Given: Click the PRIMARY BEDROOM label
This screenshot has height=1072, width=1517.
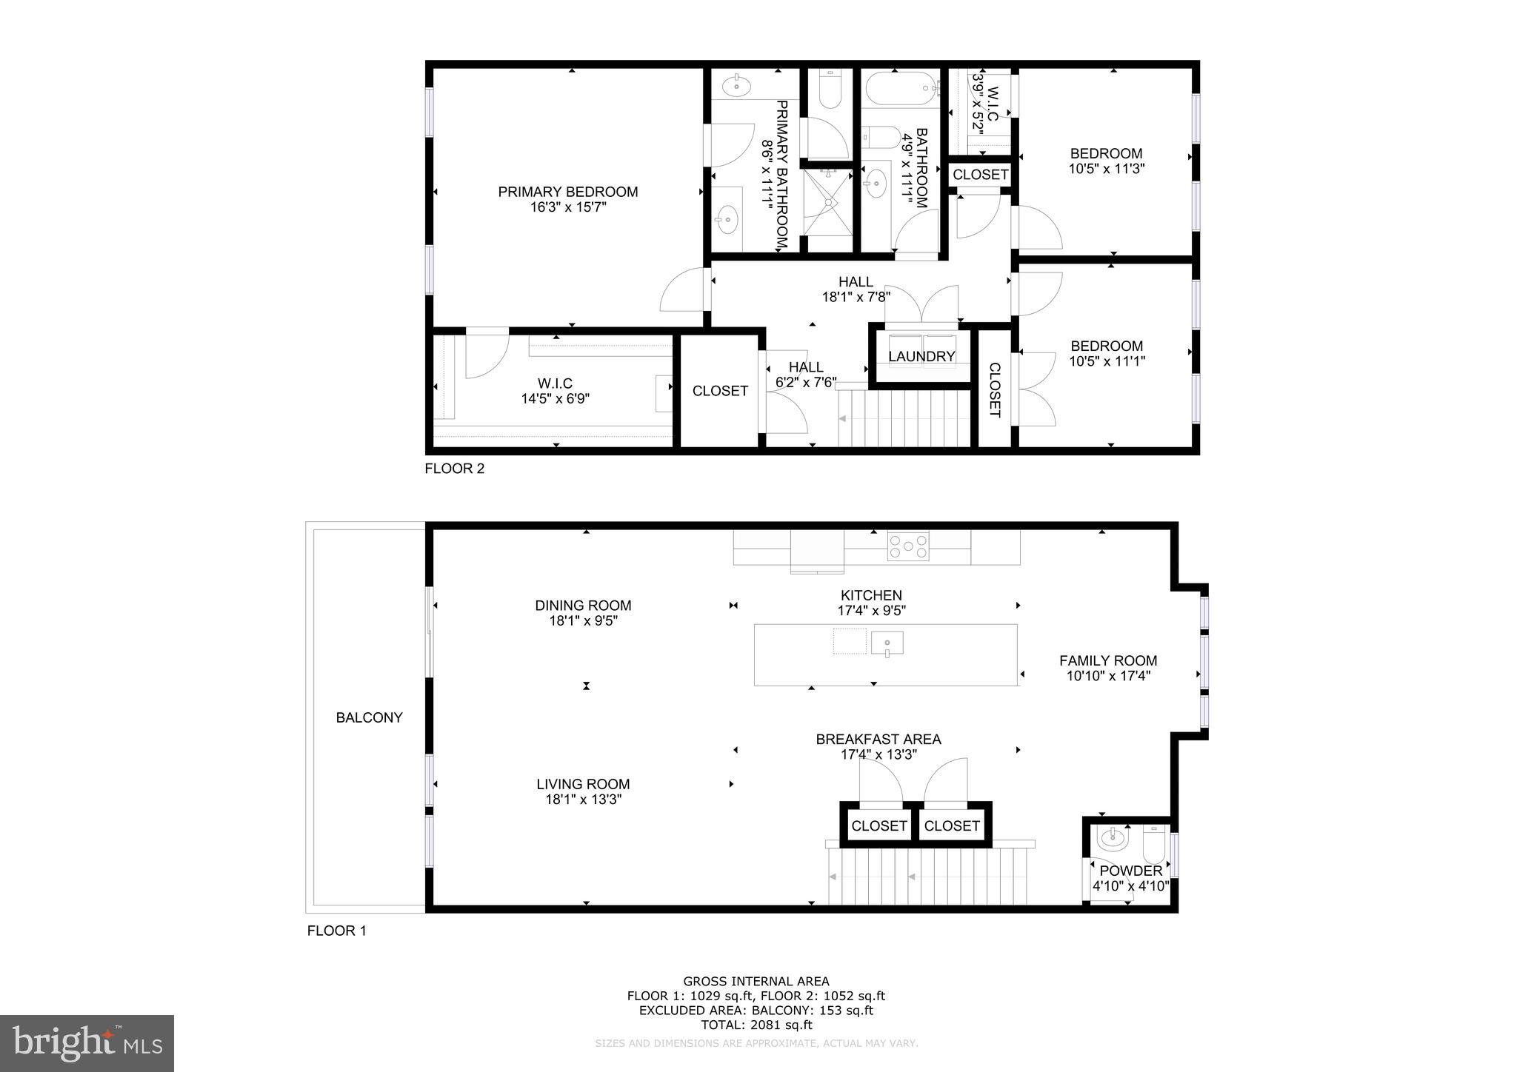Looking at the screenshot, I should [567, 192].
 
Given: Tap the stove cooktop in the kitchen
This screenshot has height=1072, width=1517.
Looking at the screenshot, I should [908, 547].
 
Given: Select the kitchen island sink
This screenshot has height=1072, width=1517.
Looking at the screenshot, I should [887, 643].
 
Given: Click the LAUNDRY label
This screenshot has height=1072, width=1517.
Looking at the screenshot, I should [921, 357].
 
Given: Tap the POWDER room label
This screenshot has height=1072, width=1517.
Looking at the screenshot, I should [1130, 871].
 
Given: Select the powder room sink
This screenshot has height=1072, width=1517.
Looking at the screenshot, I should [1113, 839].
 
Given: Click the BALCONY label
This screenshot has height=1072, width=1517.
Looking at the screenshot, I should [369, 717].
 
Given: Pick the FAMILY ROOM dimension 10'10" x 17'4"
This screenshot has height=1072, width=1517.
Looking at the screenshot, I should [1108, 676].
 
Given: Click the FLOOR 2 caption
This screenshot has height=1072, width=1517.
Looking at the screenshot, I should [454, 469].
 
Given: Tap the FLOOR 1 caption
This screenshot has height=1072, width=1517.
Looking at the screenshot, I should [336, 931].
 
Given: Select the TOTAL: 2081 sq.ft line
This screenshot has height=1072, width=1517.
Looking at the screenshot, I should [756, 1025].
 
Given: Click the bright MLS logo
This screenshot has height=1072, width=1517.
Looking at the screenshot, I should [87, 1043].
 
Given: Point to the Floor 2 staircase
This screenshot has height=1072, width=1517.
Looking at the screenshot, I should [904, 418].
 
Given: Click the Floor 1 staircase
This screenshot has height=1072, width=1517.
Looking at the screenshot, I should [930, 876].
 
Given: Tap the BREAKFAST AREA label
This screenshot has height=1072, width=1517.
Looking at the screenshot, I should [878, 740].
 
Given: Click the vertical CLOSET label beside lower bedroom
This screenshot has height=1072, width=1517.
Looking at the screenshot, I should [995, 390].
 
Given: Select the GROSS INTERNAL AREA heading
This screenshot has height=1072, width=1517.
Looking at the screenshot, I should [756, 982].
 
